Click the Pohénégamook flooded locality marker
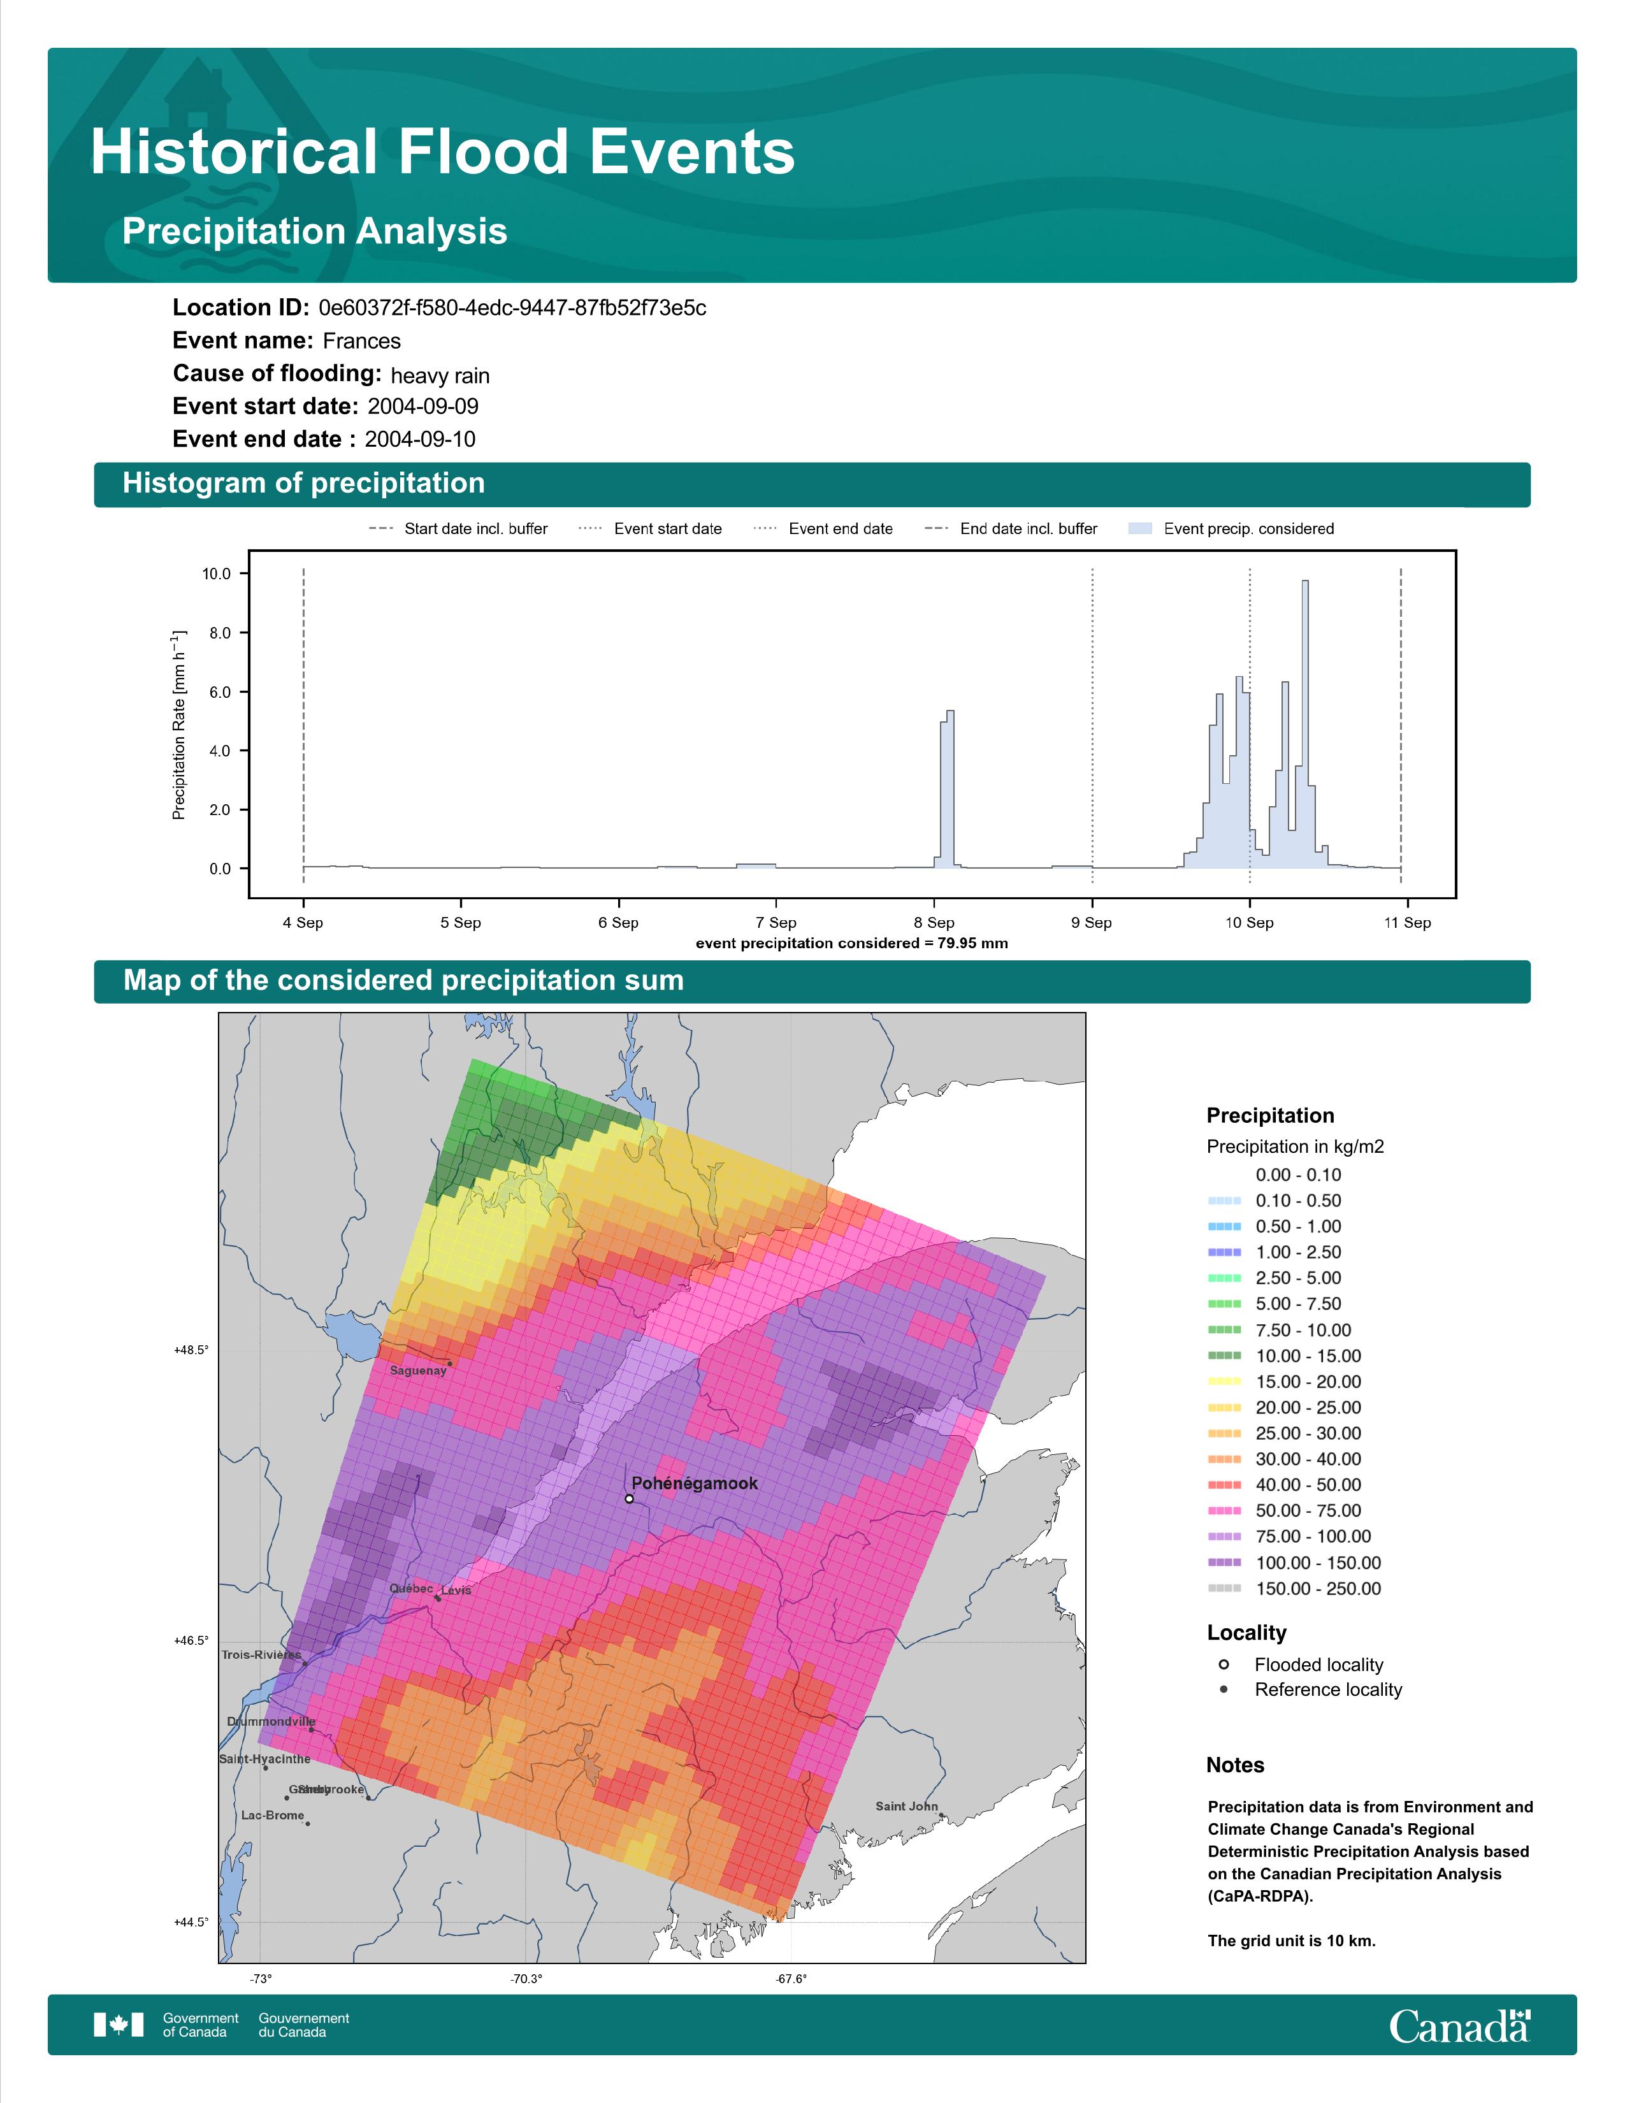pos(628,1498)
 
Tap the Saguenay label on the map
pos(418,1370)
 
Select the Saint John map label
pos(906,1807)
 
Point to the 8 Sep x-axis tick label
pos(934,923)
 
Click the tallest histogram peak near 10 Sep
pos(1304,582)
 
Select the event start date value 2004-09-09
pos(422,407)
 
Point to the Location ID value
pos(512,308)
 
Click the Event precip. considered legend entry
pos(1236,529)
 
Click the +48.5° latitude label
pos(191,1350)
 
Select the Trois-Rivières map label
pos(261,1654)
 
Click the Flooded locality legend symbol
pos(1224,1664)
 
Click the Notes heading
pos(1235,1765)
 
